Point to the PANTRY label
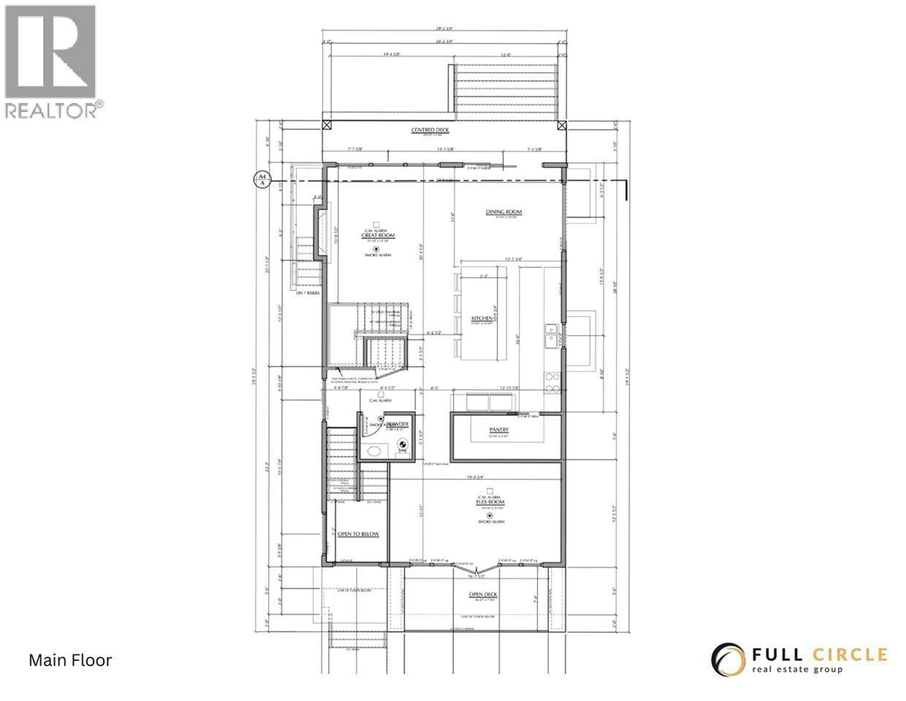coord(499,430)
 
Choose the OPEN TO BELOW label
coord(358,534)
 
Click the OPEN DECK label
coord(483,594)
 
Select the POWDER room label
coord(398,424)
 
